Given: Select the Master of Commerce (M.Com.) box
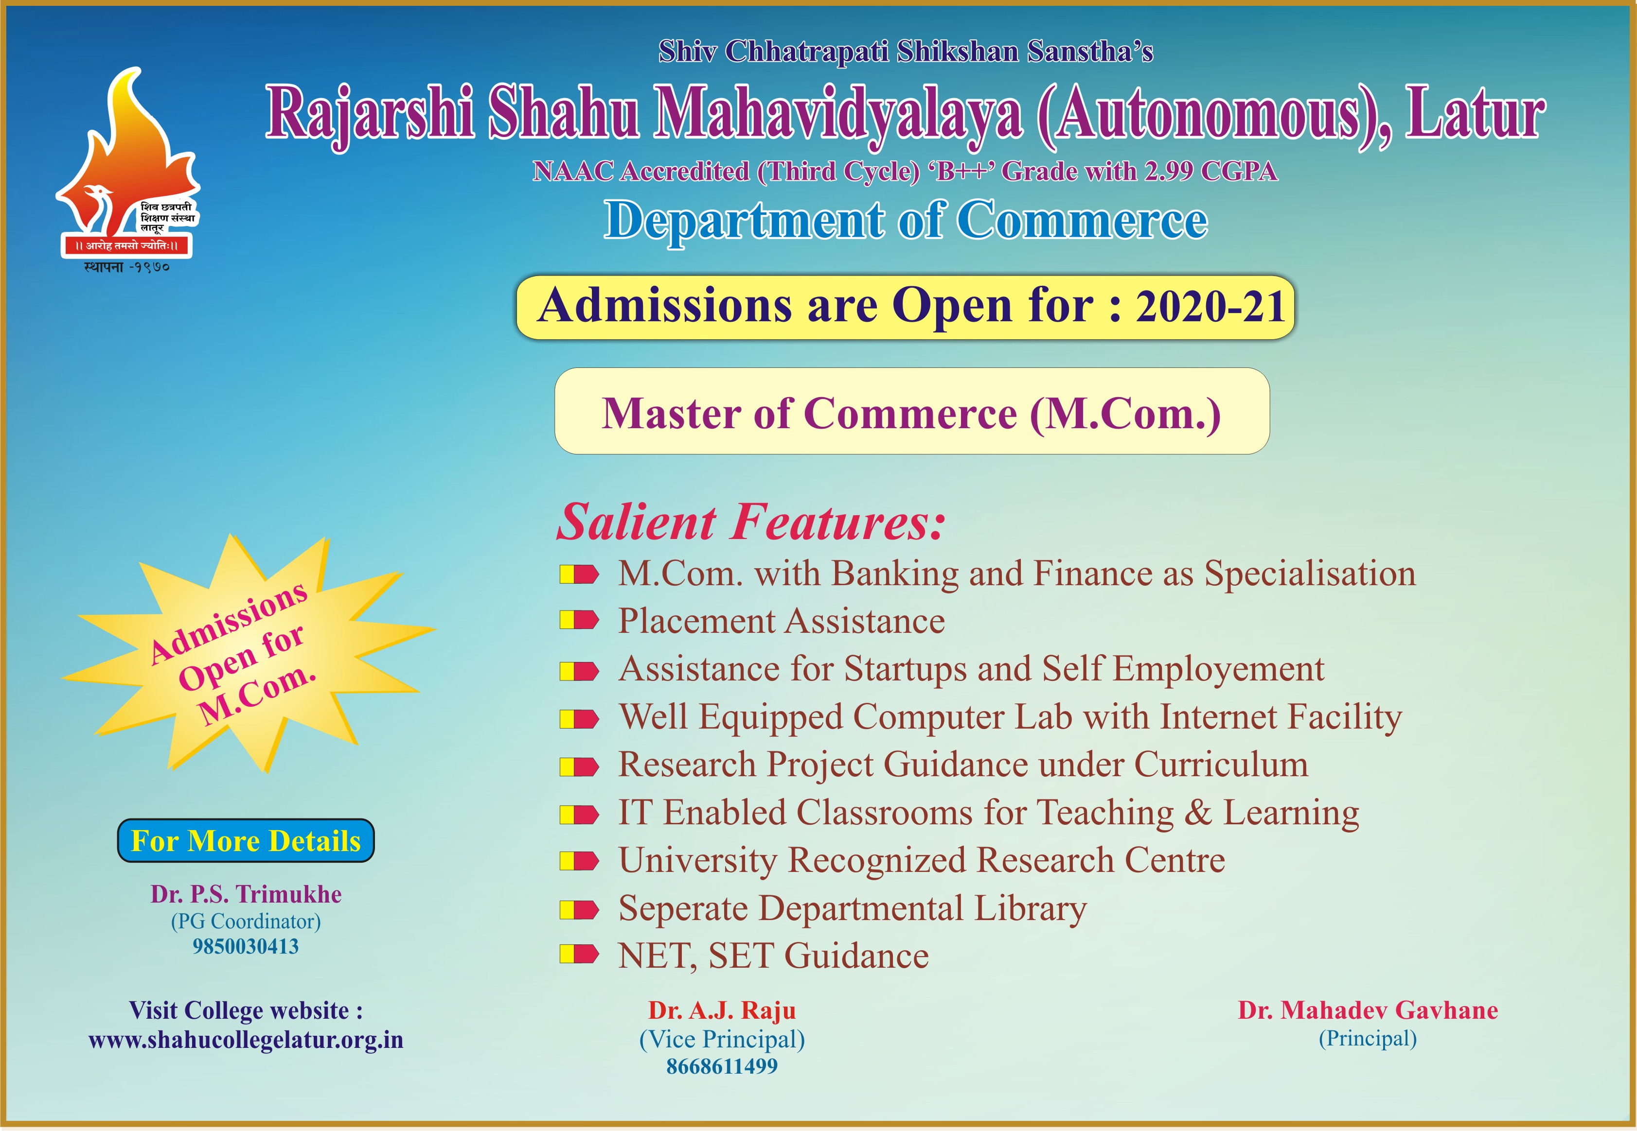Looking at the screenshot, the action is [x=912, y=411].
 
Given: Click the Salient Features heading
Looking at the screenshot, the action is [x=751, y=522].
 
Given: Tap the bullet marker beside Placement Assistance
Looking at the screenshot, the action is [x=579, y=621].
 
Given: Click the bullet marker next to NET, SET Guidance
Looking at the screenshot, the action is [x=579, y=955].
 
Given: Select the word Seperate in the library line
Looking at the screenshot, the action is [x=683, y=909].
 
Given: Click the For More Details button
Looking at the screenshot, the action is [x=245, y=840].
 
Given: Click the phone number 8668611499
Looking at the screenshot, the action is [x=722, y=1066].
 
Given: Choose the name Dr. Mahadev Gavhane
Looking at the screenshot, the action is [x=1368, y=1010].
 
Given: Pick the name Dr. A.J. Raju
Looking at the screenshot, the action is [x=722, y=1010].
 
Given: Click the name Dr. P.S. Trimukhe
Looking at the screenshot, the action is [x=245, y=894].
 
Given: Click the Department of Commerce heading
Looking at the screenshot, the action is [x=906, y=220].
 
